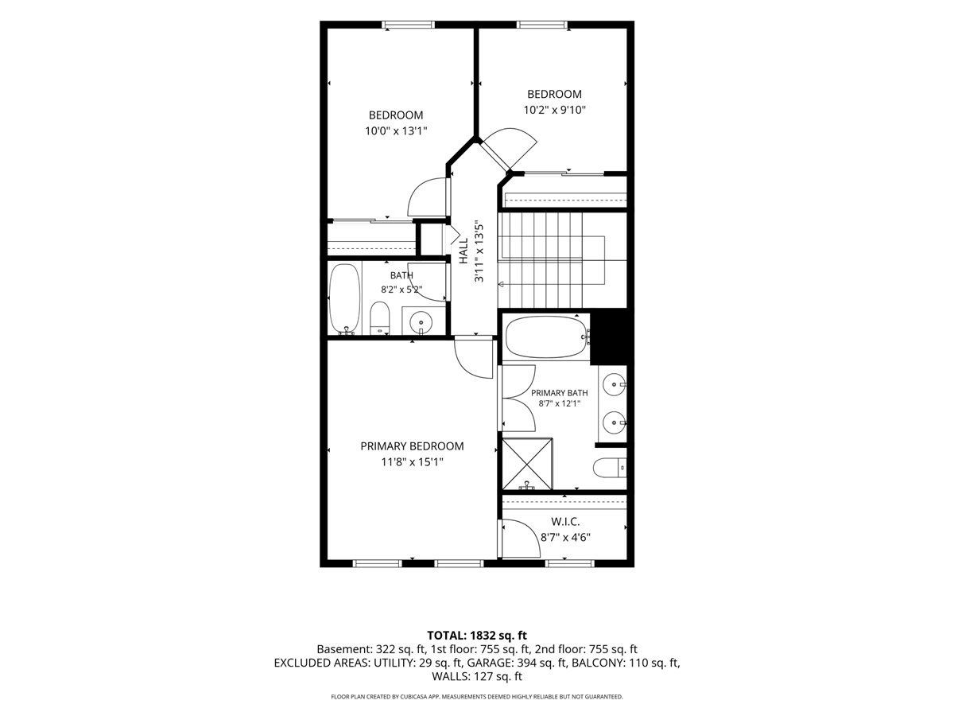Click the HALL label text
point(463,251)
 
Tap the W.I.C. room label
point(565,522)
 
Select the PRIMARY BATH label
point(560,393)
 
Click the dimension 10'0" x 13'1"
point(396,130)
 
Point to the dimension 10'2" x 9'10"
point(555,110)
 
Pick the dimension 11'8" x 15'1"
point(412,462)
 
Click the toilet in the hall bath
point(379,317)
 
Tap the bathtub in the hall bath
point(345,299)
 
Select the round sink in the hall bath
point(421,322)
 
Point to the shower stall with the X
point(527,465)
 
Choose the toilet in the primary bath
point(610,468)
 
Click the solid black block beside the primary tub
point(611,337)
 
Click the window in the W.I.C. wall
point(569,564)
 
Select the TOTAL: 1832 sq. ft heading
point(477,636)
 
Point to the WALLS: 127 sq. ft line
point(477,676)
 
